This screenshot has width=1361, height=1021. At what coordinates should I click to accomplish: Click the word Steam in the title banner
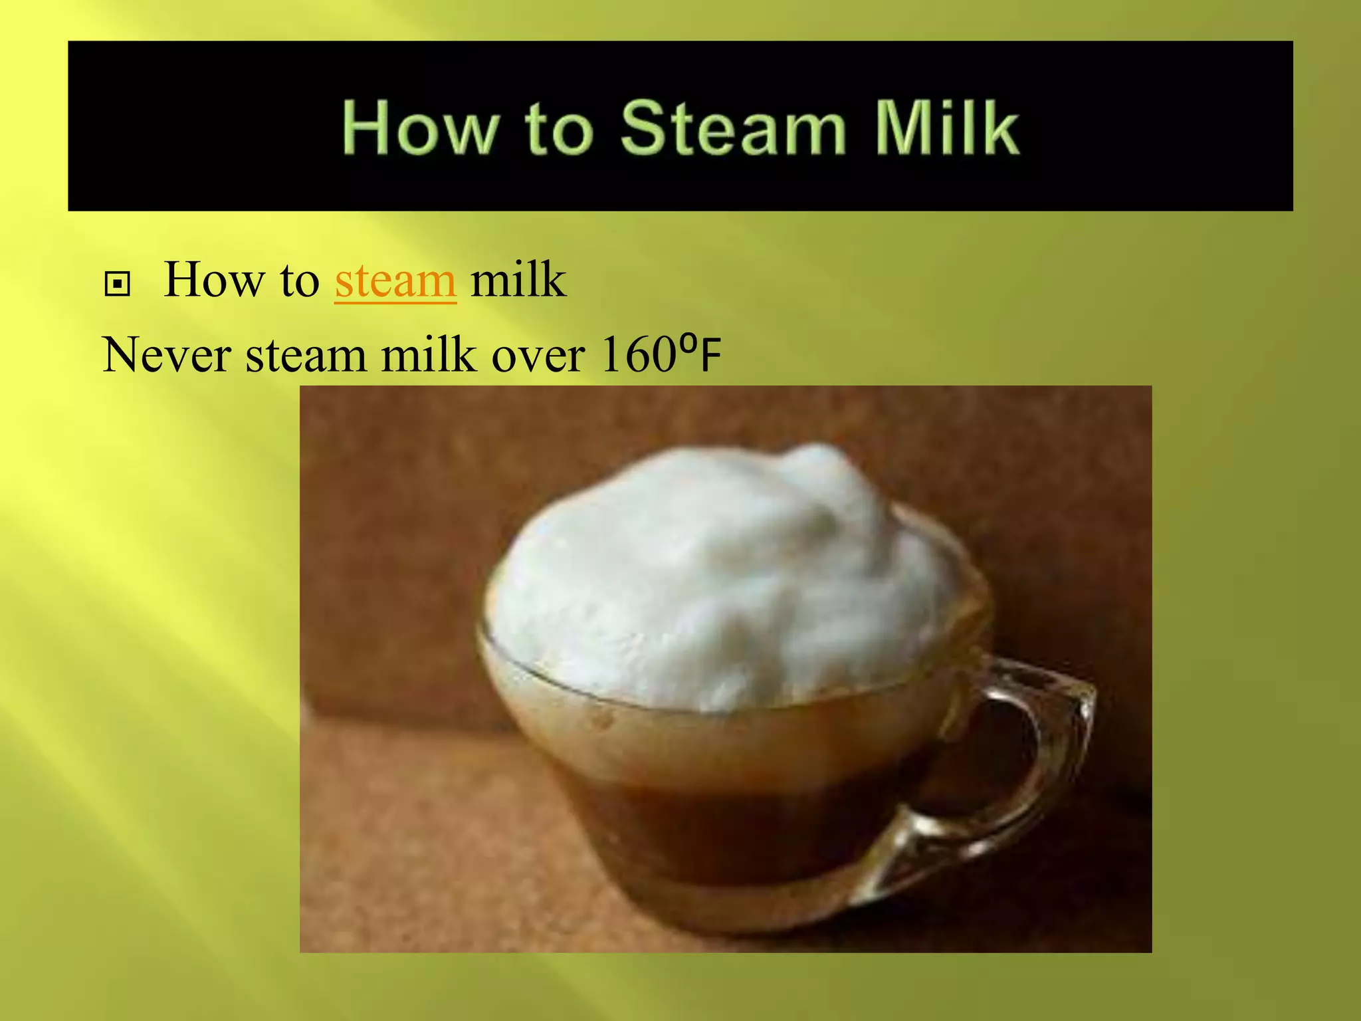point(733,128)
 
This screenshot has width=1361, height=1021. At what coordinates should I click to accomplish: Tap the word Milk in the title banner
point(946,128)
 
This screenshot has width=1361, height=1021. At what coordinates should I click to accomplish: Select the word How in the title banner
point(421,128)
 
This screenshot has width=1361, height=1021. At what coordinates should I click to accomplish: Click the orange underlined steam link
point(395,281)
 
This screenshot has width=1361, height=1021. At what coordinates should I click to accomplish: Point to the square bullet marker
point(118,284)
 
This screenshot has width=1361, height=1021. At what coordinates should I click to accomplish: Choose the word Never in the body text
point(167,354)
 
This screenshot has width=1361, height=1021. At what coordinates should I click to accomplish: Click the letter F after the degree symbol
point(710,357)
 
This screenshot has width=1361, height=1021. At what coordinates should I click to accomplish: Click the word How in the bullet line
point(213,280)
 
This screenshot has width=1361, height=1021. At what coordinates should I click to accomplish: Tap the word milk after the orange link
point(518,280)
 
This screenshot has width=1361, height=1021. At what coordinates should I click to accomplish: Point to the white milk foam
point(718,585)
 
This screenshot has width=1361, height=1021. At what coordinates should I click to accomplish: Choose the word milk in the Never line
point(429,354)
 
